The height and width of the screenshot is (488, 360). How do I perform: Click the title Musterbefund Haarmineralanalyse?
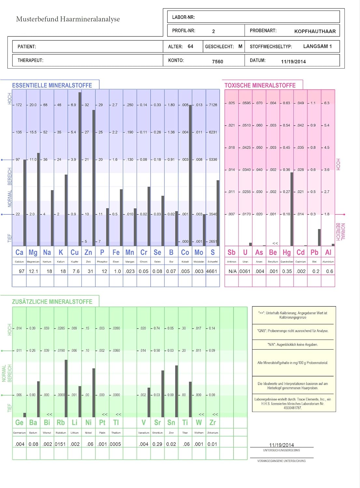coord(68,19)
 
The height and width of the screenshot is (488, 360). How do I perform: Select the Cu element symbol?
coord(75,252)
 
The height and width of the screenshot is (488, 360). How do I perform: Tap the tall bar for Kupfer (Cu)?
coord(80,169)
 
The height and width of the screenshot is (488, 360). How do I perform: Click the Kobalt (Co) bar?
coord(190,176)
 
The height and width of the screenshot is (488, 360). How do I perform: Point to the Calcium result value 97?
coord(21,271)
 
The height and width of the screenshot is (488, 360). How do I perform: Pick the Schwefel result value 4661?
coord(212,271)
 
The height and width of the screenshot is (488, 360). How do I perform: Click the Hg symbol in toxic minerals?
coord(286,252)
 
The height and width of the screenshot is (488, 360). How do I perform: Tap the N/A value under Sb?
coord(232,271)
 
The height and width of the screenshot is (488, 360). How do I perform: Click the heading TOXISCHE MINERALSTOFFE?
coord(260,86)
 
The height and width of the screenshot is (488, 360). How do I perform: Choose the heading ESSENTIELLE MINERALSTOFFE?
coord(52,86)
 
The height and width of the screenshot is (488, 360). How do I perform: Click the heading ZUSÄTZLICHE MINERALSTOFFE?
coord(52,302)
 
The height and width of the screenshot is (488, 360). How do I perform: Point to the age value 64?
coord(190,47)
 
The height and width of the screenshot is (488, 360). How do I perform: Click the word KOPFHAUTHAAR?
coord(315,31)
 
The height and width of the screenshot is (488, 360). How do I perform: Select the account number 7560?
coord(217,61)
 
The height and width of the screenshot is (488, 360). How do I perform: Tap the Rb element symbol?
coord(61,423)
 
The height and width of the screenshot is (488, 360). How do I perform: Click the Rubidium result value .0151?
coord(61,444)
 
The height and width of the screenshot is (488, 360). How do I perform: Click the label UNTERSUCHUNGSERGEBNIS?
coord(282,450)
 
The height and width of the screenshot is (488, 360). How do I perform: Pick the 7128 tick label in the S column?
coord(213,105)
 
